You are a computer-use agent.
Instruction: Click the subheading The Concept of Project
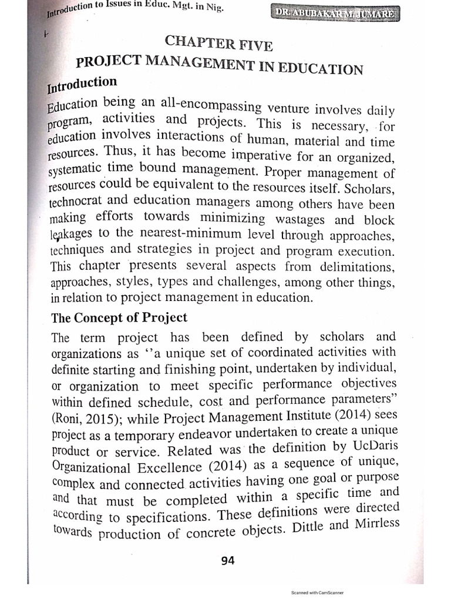(119, 318)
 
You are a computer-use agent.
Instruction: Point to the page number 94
(227, 560)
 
